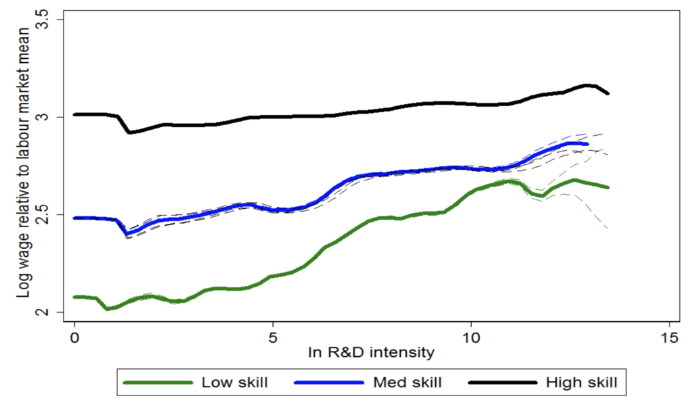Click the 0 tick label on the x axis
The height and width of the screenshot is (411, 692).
click(x=74, y=336)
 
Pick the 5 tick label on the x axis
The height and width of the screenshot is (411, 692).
click(x=273, y=336)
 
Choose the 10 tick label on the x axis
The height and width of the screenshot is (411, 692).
click(x=471, y=336)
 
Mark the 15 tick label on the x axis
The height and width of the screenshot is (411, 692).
click(x=669, y=336)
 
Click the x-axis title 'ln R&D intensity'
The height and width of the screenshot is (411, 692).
click(x=372, y=352)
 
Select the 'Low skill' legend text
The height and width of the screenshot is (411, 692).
click(x=234, y=383)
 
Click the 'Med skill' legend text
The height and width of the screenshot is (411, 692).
click(x=408, y=383)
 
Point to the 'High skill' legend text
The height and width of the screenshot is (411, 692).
click(x=581, y=383)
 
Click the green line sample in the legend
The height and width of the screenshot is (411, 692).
click(x=156, y=383)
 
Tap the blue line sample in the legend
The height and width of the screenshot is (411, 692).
click(x=329, y=383)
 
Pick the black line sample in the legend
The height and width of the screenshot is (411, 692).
click(x=501, y=383)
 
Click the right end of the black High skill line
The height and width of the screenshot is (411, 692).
click(x=608, y=93)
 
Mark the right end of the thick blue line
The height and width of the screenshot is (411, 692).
click(x=587, y=144)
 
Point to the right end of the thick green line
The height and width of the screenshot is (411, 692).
click(x=608, y=187)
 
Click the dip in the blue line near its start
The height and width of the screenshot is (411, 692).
click(x=128, y=234)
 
